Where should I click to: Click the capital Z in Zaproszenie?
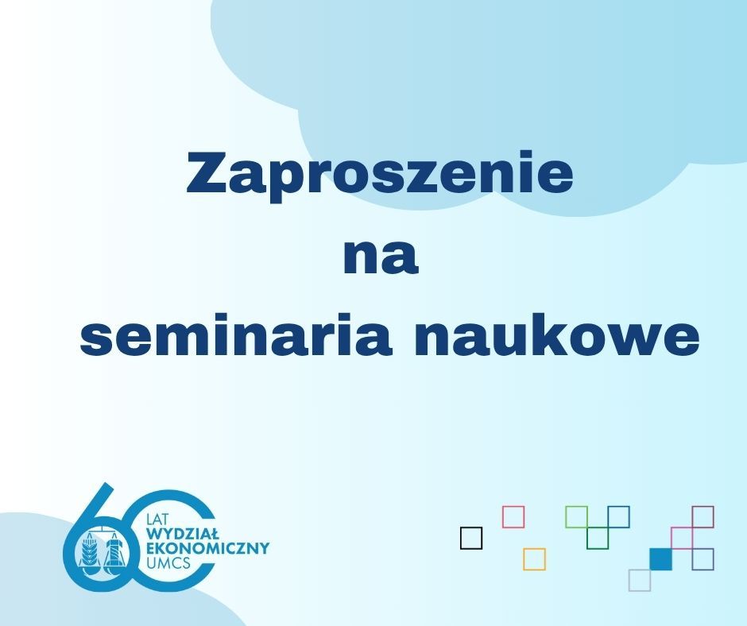pyautogui.click(x=204, y=172)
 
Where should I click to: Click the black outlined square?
pyautogui.click(x=471, y=538)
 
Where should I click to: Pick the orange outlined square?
pyautogui.click(x=534, y=558)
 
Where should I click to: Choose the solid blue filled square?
pyautogui.click(x=660, y=558)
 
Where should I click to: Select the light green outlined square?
pyautogui.click(x=576, y=517)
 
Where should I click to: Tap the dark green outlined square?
pyautogui.click(x=598, y=538)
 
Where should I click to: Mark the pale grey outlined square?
pyautogui.click(x=640, y=580)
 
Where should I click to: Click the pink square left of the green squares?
pyautogui.click(x=513, y=517)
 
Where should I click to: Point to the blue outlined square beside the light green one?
pyautogui.click(x=619, y=517)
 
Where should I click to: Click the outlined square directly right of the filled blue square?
pyautogui.click(x=703, y=558)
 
